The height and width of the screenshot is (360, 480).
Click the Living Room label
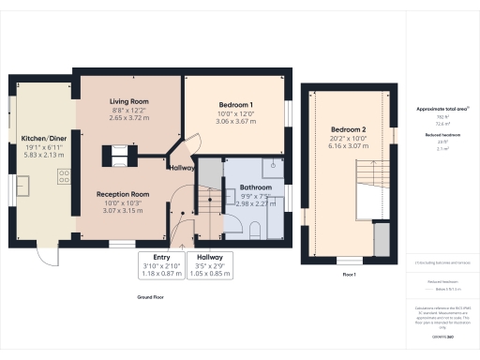point(128,101)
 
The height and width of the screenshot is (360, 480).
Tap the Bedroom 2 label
point(348,128)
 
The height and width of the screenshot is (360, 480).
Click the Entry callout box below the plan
point(161,264)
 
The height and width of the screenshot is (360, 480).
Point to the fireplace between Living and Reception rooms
point(123,153)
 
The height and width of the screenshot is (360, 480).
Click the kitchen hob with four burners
point(66,175)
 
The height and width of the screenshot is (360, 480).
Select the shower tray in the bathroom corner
point(276,167)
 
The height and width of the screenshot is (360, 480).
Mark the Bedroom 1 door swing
point(192,142)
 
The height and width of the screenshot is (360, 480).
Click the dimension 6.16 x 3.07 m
point(348,145)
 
